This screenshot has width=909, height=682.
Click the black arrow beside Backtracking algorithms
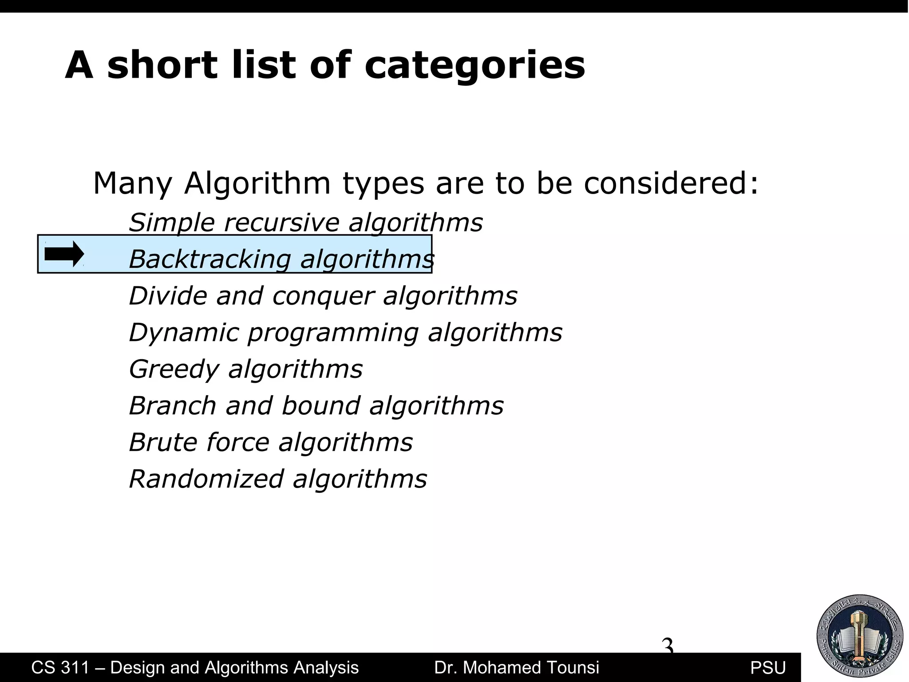tap(64, 254)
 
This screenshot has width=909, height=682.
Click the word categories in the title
tap(475, 66)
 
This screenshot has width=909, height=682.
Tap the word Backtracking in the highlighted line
tap(209, 259)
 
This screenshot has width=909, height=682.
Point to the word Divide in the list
tap(168, 296)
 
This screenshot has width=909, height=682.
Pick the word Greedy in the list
tap(174, 369)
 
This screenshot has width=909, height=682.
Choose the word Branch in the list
tap(172, 406)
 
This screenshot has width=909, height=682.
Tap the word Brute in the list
tap(162, 443)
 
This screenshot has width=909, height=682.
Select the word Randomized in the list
tap(206, 479)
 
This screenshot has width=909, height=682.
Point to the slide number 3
tap(668, 645)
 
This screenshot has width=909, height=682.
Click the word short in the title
tap(162, 66)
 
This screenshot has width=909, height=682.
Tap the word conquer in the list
tap(323, 296)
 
